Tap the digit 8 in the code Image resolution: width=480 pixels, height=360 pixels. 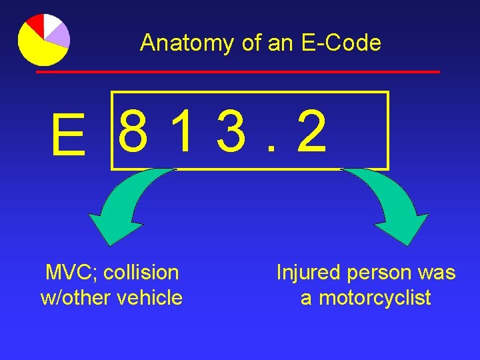coord(134,131)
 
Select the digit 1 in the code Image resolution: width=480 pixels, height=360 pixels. coord(179,131)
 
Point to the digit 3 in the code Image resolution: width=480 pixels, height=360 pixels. coord(231,131)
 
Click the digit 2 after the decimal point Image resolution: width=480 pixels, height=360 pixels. coord(312,131)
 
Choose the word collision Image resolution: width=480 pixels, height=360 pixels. coord(141,273)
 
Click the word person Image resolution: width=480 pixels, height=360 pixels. coord(382,273)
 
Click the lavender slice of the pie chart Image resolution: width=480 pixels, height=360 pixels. coord(59,34)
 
